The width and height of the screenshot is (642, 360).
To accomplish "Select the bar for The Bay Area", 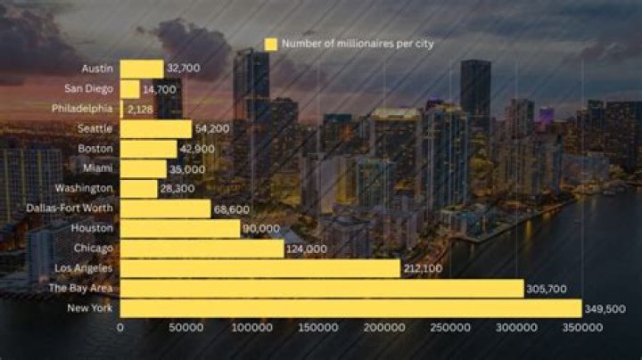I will coord(322,289).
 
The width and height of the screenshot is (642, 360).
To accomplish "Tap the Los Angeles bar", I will coord(259,268).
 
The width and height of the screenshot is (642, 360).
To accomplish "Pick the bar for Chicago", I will coord(202,249).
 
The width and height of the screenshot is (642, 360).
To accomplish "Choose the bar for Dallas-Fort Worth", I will coord(166,209).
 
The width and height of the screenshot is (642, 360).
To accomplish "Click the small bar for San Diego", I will coord(130,88).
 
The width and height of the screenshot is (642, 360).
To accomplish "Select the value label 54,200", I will coord(212,128).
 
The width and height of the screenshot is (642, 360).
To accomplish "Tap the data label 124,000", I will coord(307,250).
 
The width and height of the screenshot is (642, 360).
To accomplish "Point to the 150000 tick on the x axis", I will coord(317,328).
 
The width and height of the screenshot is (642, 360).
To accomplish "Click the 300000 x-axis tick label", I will coord(515,328).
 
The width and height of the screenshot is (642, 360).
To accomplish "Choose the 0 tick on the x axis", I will coord(120,328).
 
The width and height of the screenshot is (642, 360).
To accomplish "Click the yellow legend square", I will coord(271,44).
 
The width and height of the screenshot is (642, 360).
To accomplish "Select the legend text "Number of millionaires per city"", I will coord(358,44).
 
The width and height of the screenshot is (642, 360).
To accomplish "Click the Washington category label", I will coord(84,188).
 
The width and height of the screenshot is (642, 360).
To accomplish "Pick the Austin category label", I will coord(97,69).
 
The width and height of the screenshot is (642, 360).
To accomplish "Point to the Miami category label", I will coord(99,168).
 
